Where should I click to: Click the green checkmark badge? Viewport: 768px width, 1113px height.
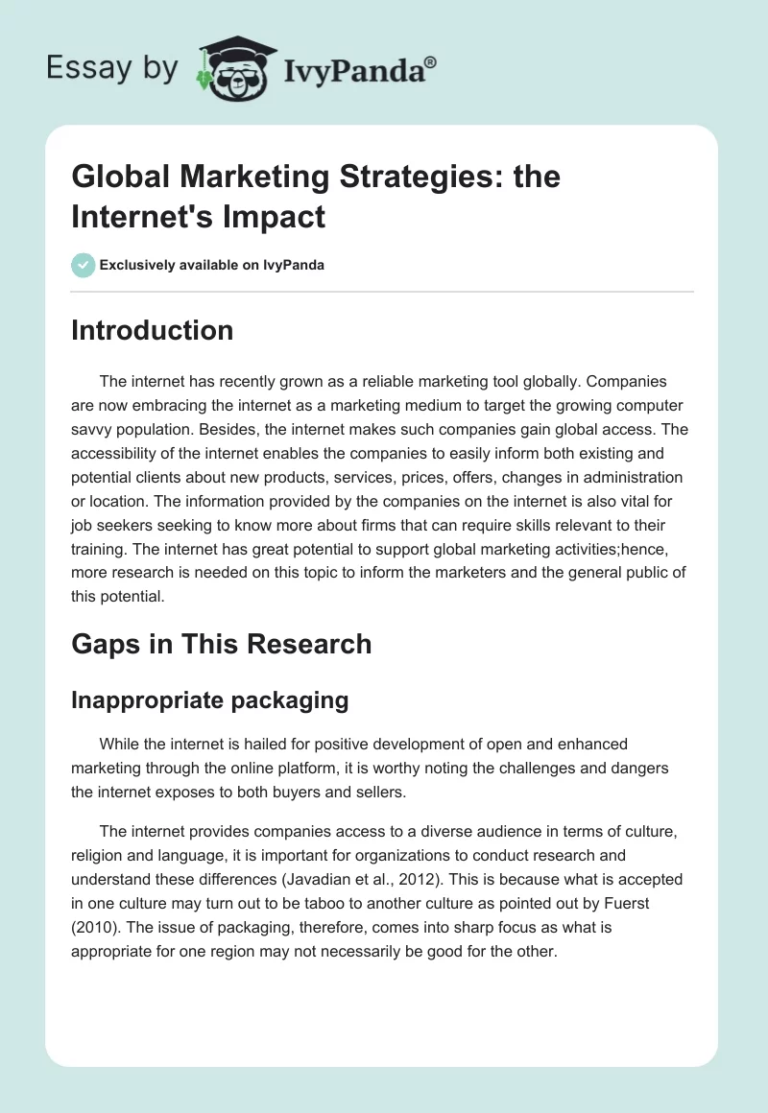[83, 265]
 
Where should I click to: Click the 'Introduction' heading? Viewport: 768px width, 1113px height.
[152, 330]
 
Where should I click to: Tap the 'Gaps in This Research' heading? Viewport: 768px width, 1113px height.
[221, 643]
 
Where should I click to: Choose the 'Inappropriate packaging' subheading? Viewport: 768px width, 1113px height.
[209, 699]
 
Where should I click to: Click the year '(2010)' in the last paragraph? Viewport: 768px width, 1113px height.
[92, 928]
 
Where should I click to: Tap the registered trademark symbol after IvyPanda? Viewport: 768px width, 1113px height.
[430, 62]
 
